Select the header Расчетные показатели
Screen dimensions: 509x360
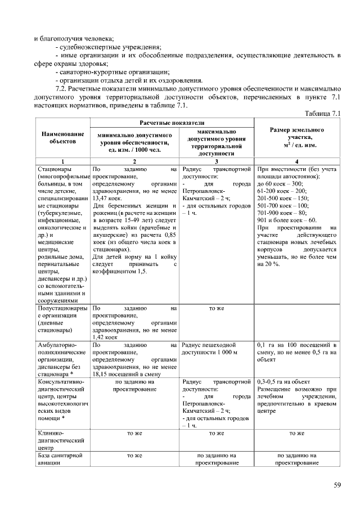pos(172,123)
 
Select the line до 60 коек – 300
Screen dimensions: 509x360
pos(280,183)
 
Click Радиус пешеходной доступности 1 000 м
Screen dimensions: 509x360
pos(210,348)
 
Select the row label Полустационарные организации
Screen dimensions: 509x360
pos(61,319)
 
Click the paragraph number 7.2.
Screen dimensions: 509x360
pos(62,89)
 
